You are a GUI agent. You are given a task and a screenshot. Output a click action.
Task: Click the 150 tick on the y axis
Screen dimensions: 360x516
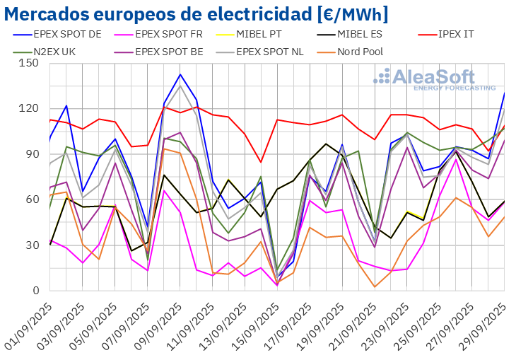(29, 63)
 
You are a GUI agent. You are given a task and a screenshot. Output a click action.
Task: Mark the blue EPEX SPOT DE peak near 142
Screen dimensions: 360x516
(180, 74)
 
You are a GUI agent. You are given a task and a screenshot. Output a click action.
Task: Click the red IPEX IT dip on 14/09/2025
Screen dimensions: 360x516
(262, 162)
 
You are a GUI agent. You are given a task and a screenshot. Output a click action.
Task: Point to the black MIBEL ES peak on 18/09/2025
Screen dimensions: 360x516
(327, 144)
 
